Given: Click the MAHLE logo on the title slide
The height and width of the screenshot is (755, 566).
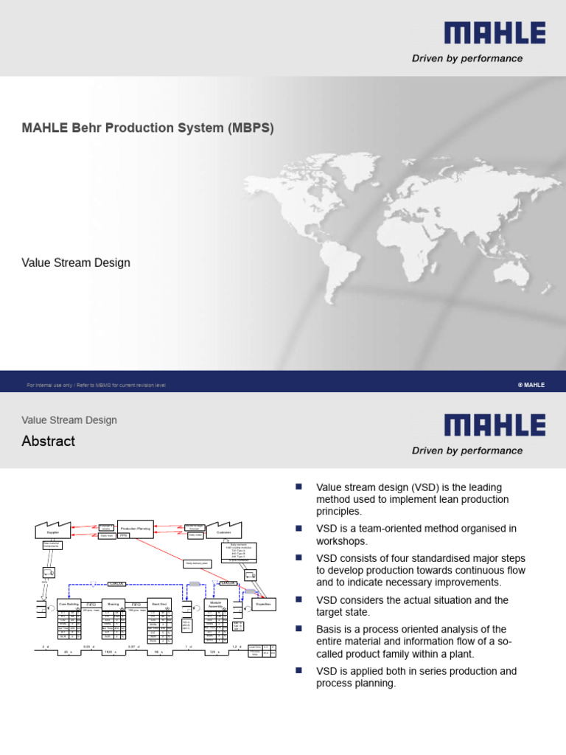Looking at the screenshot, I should click(495, 33).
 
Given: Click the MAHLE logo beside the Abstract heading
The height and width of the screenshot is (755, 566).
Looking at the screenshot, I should click(495, 425).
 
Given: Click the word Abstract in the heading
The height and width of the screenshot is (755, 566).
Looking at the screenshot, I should click(48, 441).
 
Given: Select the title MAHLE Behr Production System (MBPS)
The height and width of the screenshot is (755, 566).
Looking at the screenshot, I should click(147, 128).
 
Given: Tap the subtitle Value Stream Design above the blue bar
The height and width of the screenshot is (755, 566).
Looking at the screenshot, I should click(76, 262).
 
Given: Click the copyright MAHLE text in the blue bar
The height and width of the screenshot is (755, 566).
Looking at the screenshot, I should click(531, 385).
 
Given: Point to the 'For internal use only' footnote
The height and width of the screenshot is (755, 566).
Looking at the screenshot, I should click(96, 385).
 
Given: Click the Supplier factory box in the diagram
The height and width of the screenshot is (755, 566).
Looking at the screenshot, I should click(53, 530).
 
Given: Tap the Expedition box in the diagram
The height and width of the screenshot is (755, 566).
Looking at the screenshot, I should click(262, 603).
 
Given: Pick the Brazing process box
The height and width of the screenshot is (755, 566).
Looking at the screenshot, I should click(113, 603).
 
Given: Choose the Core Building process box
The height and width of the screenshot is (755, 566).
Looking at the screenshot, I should click(69, 603).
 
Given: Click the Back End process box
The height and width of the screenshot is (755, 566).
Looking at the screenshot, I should click(158, 603).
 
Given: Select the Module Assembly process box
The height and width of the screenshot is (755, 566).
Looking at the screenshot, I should click(214, 604).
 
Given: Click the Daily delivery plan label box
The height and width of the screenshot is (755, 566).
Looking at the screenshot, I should click(198, 564).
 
